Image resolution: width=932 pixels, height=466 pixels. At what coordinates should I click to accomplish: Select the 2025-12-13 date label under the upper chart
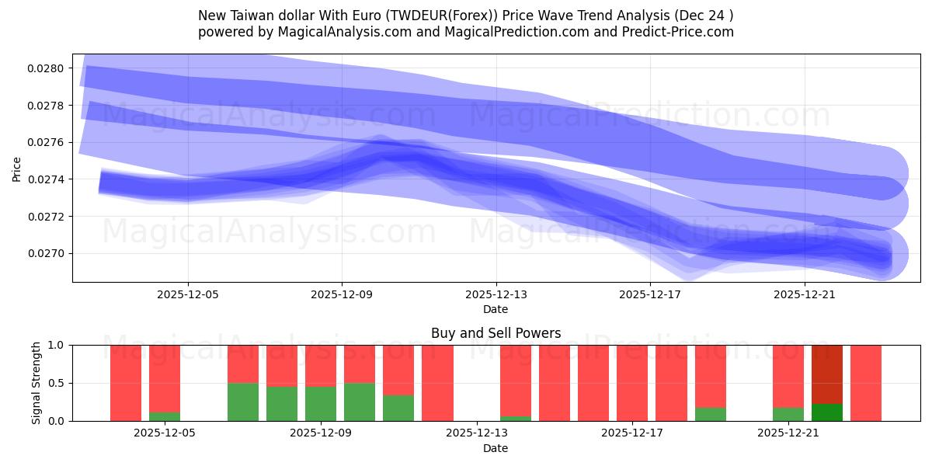point(496,294)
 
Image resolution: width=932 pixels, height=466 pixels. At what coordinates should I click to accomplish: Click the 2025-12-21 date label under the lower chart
point(789,433)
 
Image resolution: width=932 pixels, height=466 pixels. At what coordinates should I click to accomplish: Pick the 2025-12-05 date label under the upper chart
point(188,294)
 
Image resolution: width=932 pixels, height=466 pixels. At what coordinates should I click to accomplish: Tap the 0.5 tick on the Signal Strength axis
point(57,383)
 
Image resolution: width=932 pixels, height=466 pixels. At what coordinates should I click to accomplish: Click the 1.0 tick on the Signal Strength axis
point(57,345)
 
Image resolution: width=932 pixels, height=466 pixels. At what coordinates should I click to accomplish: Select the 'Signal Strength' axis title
point(37,382)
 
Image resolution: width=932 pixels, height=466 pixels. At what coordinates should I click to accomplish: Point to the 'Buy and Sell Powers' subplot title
point(496,334)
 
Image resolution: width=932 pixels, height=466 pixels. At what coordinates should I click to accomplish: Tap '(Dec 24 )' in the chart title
point(702,16)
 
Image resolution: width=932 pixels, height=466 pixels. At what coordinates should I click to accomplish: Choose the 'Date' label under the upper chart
point(496,309)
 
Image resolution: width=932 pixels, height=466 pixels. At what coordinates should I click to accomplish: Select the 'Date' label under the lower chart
point(496,448)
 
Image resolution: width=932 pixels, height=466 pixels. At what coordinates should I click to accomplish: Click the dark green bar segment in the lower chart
point(827,412)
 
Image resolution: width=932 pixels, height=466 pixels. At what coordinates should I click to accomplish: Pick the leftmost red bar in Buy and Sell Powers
point(126,383)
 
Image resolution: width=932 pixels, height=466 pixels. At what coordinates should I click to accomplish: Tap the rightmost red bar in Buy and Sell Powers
point(866,383)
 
